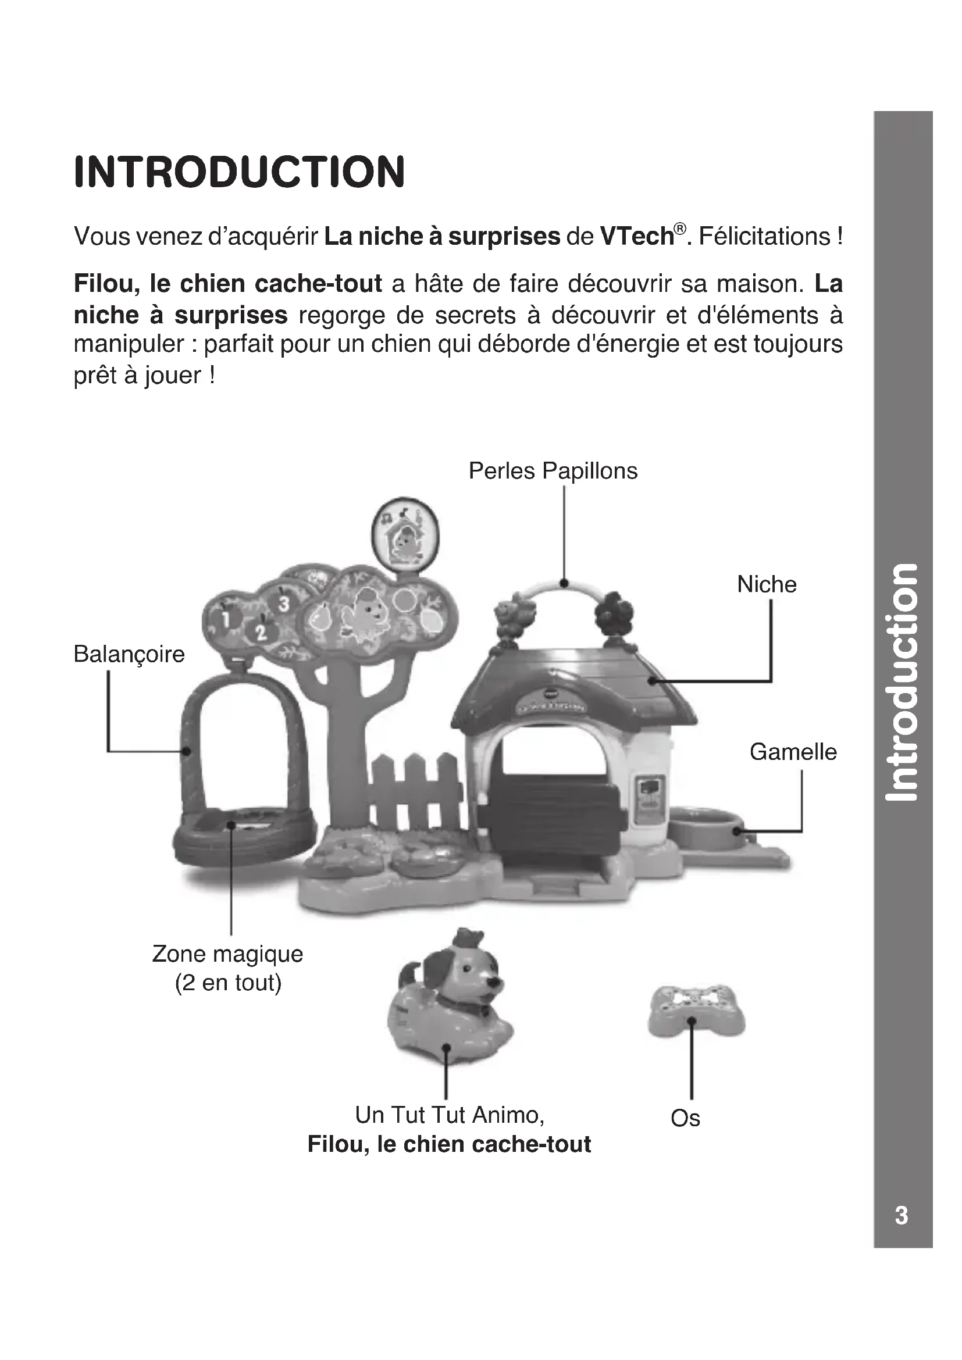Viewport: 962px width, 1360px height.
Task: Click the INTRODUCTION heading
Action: pyautogui.click(x=239, y=172)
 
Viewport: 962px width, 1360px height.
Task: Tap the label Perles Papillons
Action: pyautogui.click(x=553, y=472)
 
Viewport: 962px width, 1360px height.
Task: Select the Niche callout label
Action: pyautogui.click(x=767, y=584)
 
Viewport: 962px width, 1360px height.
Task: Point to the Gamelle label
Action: pyautogui.click(x=793, y=752)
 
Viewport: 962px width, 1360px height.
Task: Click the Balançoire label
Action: pyautogui.click(x=129, y=655)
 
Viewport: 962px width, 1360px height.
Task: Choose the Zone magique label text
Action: pyautogui.click(x=227, y=954)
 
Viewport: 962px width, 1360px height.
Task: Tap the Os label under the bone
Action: pyautogui.click(x=685, y=1119)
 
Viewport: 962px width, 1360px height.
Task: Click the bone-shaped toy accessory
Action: pyautogui.click(x=697, y=1011)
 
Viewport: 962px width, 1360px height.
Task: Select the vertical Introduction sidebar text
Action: pyautogui.click(x=901, y=681)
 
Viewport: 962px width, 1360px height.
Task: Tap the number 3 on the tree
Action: pyautogui.click(x=284, y=604)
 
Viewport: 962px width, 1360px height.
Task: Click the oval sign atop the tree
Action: pyautogui.click(x=405, y=534)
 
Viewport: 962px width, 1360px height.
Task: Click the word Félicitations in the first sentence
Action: pyautogui.click(x=765, y=237)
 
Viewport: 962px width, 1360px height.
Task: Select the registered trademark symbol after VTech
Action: pyautogui.click(x=680, y=229)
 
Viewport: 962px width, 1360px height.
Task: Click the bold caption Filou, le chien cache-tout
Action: pyautogui.click(x=449, y=1144)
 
